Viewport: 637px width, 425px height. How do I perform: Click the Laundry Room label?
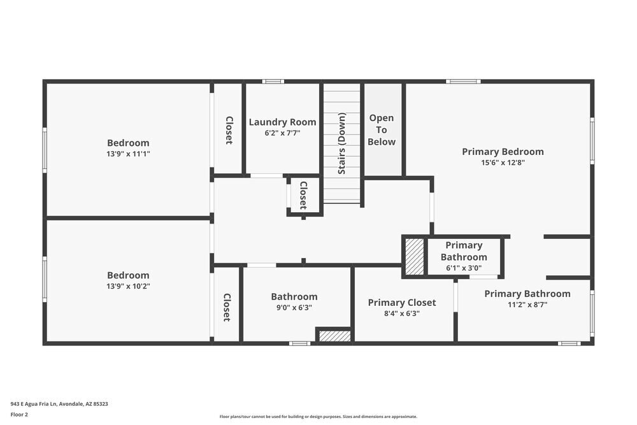tap(282, 122)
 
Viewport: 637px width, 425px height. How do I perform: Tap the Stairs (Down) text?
tap(342, 143)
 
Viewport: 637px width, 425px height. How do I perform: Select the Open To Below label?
tap(382, 130)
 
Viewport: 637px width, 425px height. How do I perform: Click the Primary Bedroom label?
tap(503, 152)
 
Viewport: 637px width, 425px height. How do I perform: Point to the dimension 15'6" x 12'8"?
tap(503, 162)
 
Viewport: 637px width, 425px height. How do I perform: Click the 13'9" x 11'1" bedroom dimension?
tap(128, 154)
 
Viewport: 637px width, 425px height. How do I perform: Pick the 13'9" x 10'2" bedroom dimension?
tap(128, 286)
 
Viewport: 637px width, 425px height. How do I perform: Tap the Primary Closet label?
tap(402, 303)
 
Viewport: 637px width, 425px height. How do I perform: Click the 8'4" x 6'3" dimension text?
tap(402, 313)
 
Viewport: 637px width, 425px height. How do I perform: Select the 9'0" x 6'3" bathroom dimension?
tap(294, 307)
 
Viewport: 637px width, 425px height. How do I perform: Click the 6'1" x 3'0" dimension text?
tap(464, 268)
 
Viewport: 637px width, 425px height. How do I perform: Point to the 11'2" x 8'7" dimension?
tap(527, 305)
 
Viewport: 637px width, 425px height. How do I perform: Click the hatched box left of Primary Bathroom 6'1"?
tap(415, 257)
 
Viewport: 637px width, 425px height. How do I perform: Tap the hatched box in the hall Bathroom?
tap(334, 336)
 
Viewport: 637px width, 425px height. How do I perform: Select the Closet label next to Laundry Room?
tap(228, 130)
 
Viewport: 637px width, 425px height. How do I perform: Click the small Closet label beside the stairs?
tap(303, 195)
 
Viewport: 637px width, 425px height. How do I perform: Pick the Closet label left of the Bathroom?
tap(226, 307)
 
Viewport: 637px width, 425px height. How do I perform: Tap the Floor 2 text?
tap(19, 414)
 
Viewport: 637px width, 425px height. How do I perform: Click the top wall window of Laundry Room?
tap(273, 82)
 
